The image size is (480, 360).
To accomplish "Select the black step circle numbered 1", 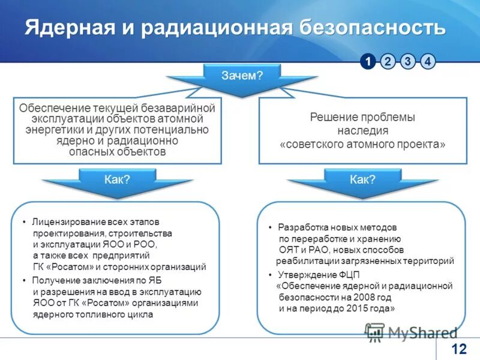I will click(368, 61).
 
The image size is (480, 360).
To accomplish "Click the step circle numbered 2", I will click(388, 61).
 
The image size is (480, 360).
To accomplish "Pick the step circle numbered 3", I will click(408, 61).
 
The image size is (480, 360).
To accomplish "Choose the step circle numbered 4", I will click(428, 61).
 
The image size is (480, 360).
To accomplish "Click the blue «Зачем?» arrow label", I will click(242, 75).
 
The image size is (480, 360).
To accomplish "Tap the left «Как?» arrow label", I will click(117, 179).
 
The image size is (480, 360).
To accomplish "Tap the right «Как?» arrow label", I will click(362, 179).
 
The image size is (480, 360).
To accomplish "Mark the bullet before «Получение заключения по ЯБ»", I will click(25, 281).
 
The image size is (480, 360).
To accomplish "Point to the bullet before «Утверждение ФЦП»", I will click(271, 275).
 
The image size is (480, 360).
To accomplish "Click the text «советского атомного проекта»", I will click(362, 144).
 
